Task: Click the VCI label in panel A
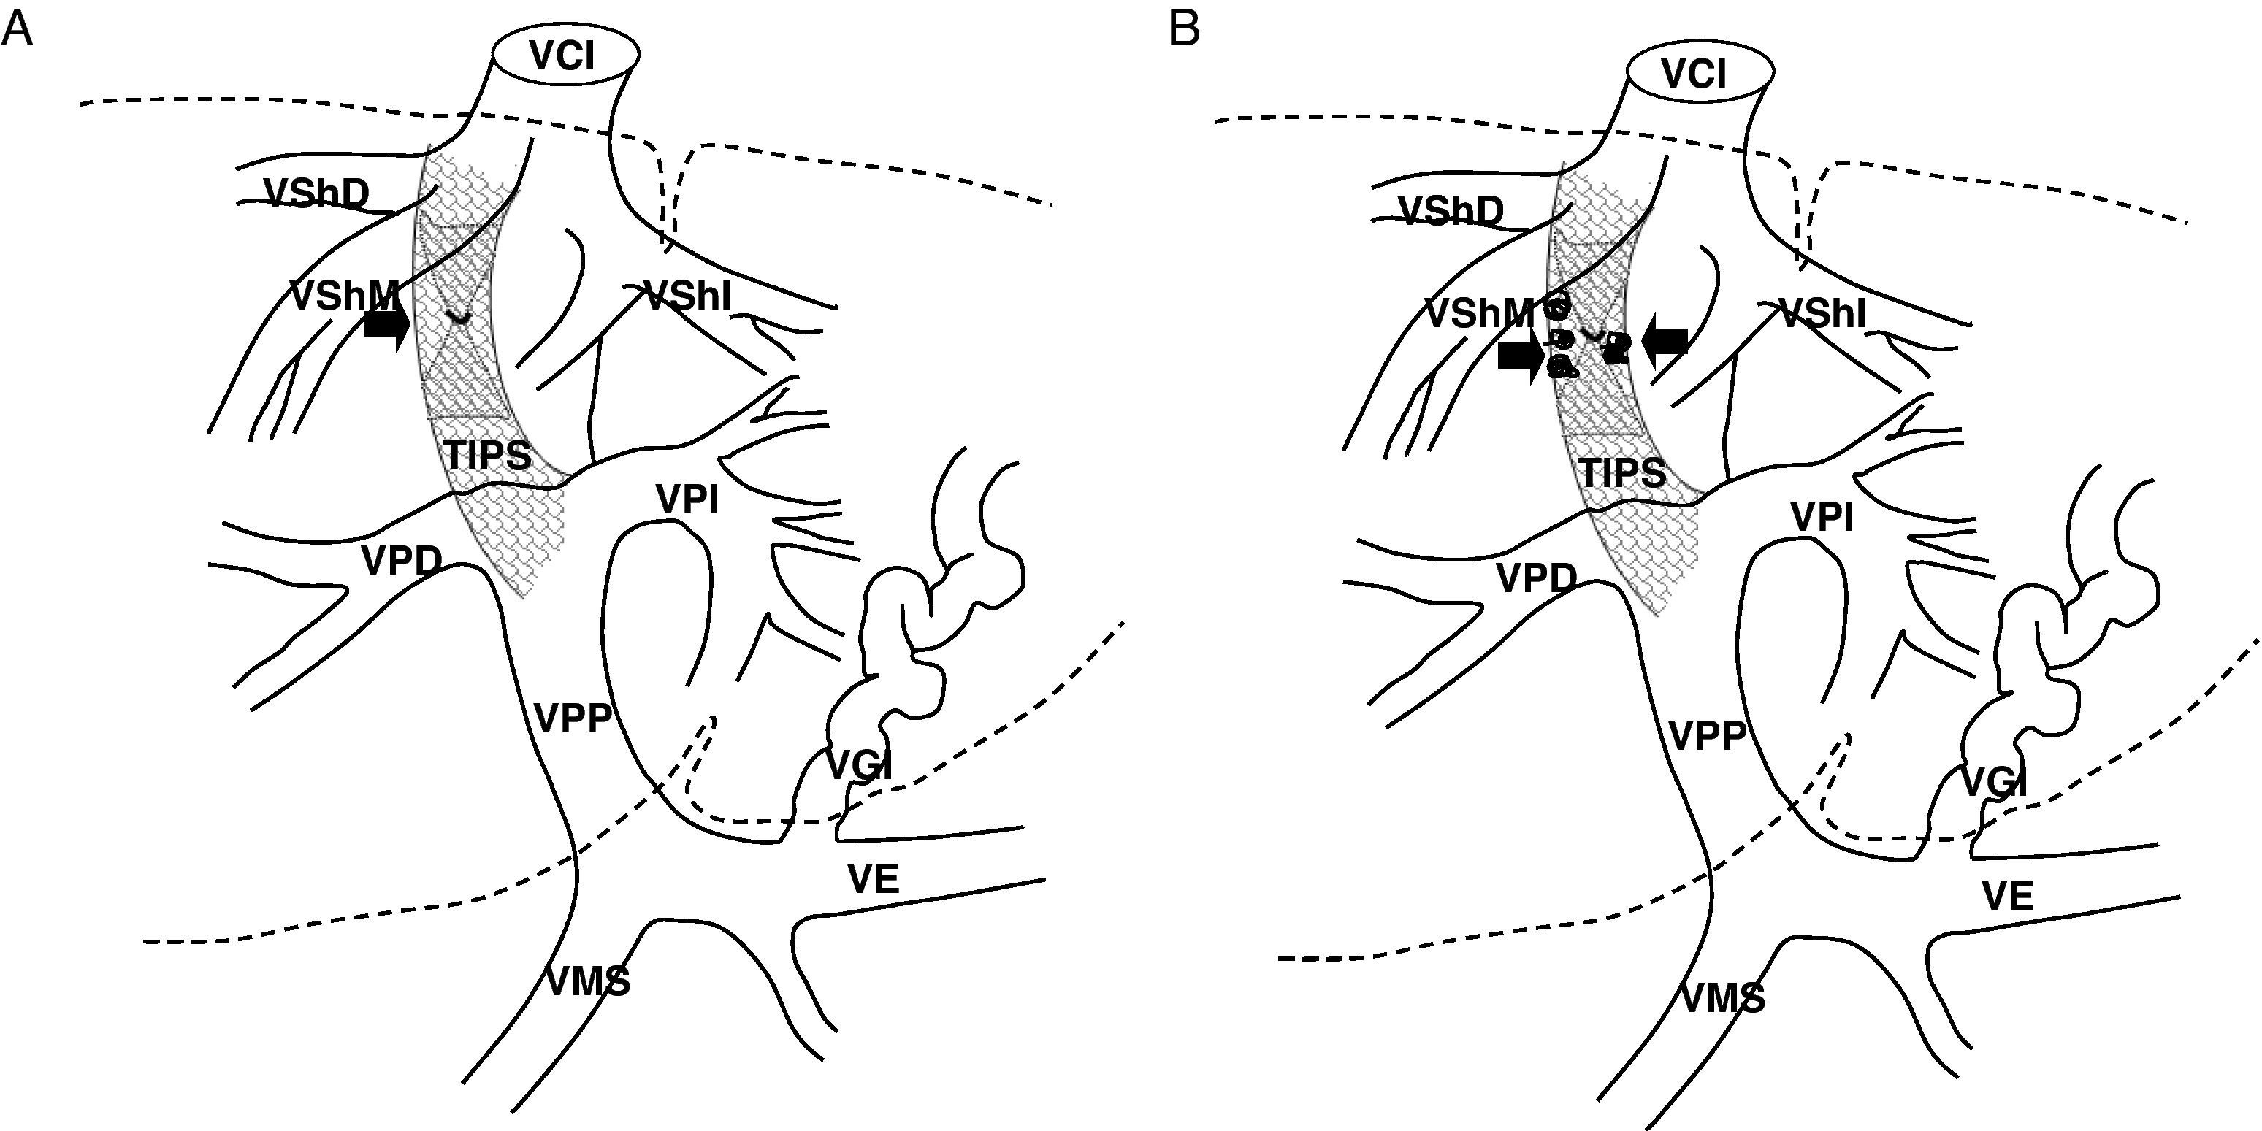point(562,57)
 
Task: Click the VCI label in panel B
point(1694,74)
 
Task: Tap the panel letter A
point(17,30)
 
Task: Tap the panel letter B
point(1185,30)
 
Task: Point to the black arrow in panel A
point(386,326)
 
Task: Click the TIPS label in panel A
point(487,456)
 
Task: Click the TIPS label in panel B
point(1622,473)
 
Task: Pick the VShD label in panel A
point(316,194)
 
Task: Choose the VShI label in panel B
point(1822,313)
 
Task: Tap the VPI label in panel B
point(1822,518)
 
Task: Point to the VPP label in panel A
point(573,718)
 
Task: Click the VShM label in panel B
point(1479,313)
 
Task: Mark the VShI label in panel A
point(687,296)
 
